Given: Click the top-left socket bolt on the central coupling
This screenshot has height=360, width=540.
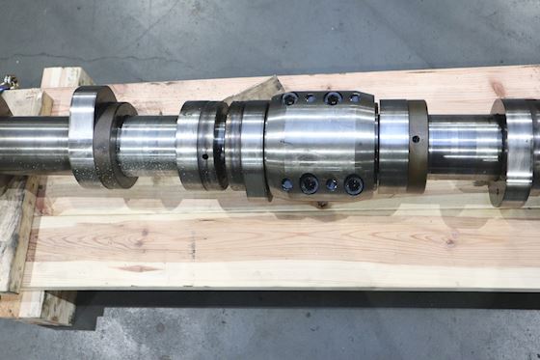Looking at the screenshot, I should pyautogui.click(x=289, y=99).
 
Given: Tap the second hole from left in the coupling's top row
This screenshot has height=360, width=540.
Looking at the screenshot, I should pyautogui.click(x=310, y=97).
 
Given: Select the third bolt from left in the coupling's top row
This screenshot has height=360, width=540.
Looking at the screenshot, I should pyautogui.click(x=333, y=98).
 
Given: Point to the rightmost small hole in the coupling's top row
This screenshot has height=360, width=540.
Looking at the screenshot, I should pyautogui.click(x=353, y=97).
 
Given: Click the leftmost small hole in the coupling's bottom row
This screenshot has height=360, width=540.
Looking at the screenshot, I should pyautogui.click(x=287, y=183).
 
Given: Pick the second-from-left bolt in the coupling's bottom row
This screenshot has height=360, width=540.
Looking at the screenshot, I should pyautogui.click(x=310, y=182).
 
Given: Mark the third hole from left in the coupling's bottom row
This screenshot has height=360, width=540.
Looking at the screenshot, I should pyautogui.click(x=332, y=183).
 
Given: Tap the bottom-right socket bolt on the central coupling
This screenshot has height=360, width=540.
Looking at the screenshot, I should pyautogui.click(x=353, y=182).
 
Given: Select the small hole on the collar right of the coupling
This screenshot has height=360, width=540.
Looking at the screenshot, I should pyautogui.click(x=416, y=139).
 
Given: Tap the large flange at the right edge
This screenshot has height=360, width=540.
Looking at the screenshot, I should pyautogui.click(x=516, y=150).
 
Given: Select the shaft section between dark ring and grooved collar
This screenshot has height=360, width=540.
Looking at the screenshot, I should pyautogui.click(x=147, y=144).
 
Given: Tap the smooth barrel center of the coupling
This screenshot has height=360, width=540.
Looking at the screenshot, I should pyautogui.click(x=320, y=141).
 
